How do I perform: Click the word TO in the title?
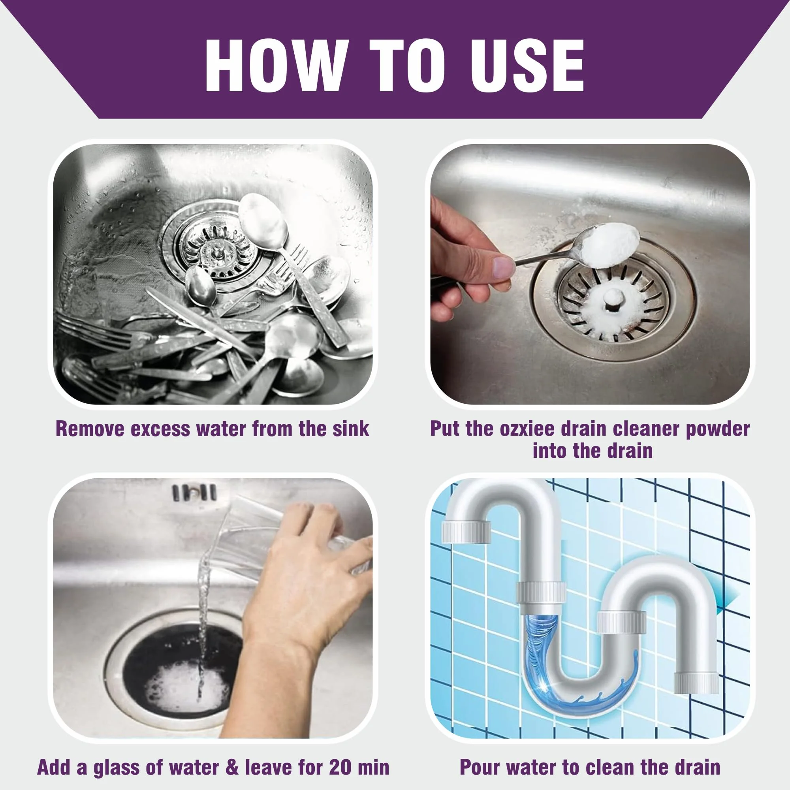coord(407,66)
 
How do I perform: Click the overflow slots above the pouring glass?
coord(194,492)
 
